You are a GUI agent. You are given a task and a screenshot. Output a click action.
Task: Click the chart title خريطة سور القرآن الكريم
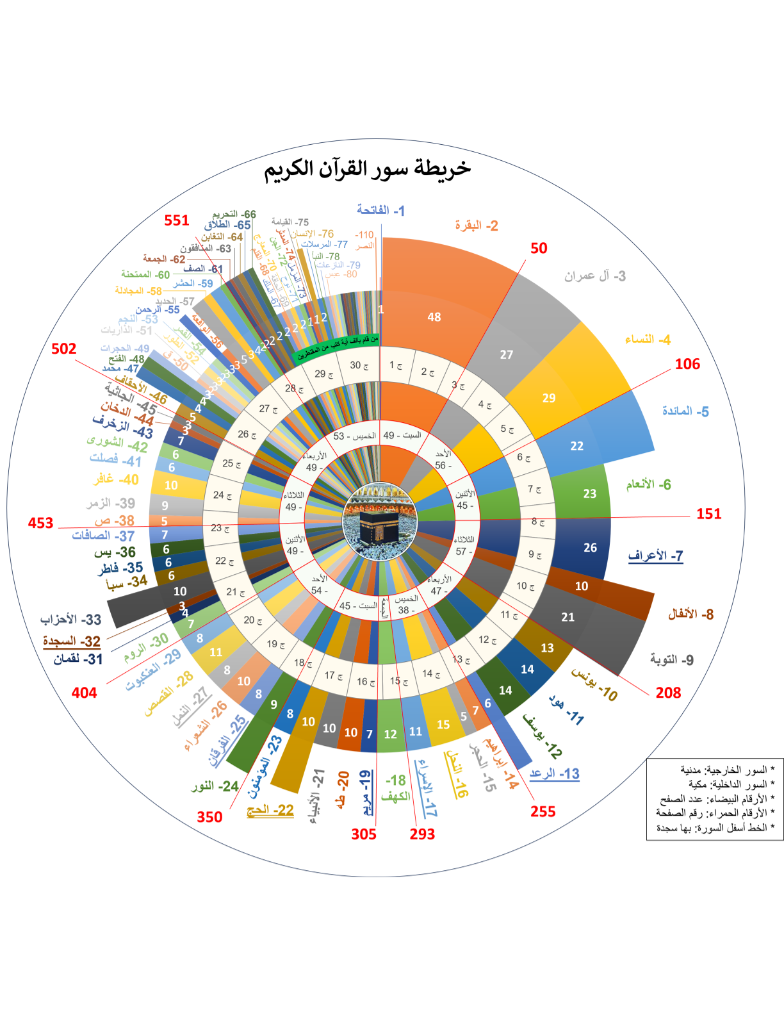[368, 169]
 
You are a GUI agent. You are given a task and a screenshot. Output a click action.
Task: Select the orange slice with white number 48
[434, 317]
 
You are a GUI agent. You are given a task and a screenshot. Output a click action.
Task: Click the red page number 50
[539, 249]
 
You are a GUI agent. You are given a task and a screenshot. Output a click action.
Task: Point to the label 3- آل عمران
[594, 276]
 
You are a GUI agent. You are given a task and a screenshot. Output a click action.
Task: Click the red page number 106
[687, 364]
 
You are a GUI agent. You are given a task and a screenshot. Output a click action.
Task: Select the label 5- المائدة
[685, 411]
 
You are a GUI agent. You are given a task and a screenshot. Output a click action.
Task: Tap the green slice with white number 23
[589, 493]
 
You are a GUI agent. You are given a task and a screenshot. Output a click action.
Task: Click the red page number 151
[708, 514]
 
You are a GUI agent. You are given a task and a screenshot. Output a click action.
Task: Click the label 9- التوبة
[671, 659]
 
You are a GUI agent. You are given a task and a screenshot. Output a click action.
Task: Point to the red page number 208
[668, 693]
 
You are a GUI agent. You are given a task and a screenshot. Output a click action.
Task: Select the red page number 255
[543, 811]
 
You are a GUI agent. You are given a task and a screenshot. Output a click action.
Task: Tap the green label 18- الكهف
[395, 788]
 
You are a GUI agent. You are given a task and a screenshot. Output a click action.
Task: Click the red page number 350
[209, 817]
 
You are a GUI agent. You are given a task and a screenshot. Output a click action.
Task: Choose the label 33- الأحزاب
[70, 620]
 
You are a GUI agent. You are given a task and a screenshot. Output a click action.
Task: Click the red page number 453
[40, 523]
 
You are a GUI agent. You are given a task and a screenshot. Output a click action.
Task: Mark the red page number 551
[176, 220]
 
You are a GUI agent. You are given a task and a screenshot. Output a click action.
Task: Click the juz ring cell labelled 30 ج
[359, 365]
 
